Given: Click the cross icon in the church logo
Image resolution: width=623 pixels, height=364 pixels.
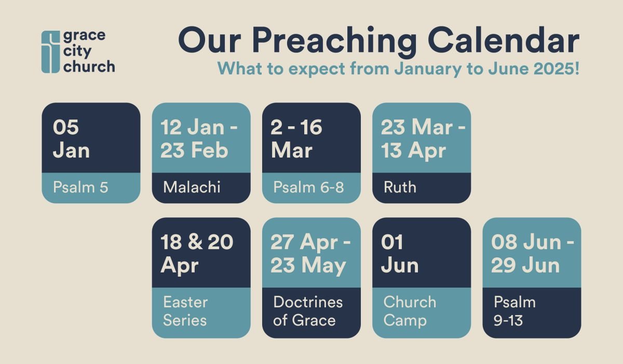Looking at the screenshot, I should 50,51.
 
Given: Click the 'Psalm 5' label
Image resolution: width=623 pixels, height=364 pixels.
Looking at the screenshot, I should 80,187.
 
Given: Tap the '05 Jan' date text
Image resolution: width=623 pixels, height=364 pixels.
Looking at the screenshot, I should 71,139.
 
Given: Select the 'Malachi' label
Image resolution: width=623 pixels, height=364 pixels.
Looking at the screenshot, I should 192,187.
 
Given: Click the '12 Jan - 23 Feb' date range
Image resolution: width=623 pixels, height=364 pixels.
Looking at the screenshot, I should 199,139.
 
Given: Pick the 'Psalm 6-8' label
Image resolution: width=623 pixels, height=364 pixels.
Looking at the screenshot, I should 308,187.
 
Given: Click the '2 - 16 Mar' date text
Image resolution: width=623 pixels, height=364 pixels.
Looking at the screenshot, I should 296,139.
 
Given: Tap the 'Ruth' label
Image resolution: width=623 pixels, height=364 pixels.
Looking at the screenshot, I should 400,187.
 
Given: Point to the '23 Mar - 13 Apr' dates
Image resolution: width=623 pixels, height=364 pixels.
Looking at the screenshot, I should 423,139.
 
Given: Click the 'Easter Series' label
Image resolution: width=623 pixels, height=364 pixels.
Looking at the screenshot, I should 185,311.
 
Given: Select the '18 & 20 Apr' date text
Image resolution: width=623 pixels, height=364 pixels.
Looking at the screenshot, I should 197,254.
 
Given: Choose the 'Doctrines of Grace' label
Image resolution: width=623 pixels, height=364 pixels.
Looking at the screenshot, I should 308,311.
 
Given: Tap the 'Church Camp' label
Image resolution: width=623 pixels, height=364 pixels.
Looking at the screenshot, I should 410,311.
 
